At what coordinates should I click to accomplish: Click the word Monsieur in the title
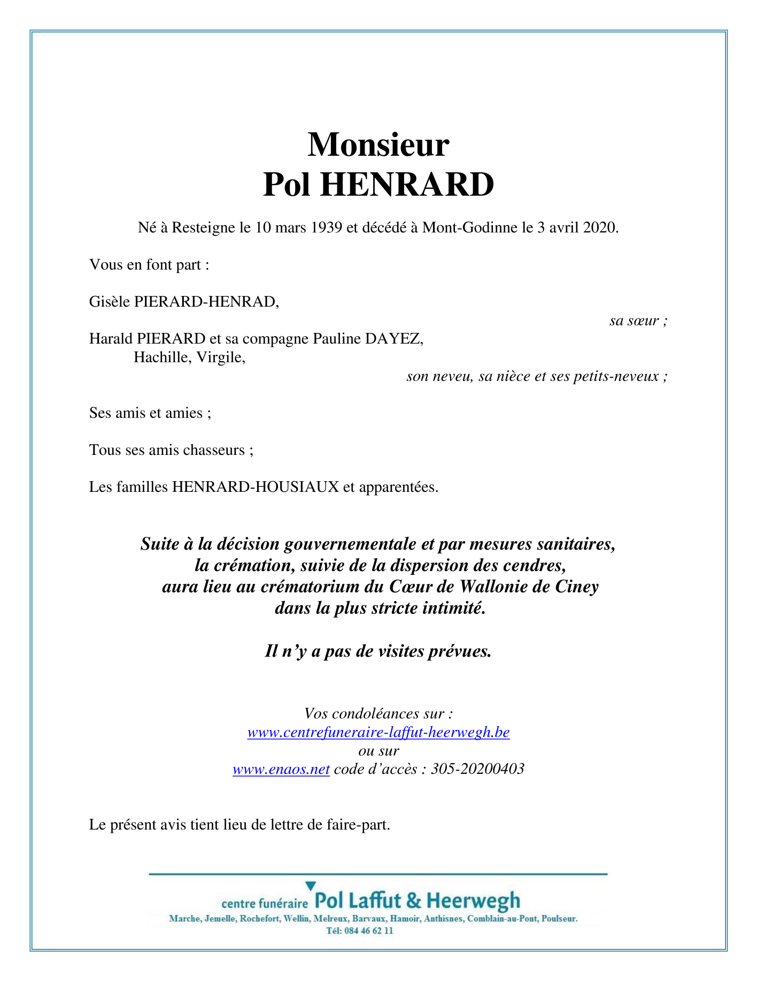[x=378, y=145]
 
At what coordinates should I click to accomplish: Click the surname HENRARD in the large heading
[x=407, y=185]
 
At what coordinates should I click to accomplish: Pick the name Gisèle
[x=110, y=302]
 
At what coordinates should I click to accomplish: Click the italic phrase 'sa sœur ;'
[x=638, y=321]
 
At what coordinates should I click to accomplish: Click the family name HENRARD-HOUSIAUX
[x=256, y=487]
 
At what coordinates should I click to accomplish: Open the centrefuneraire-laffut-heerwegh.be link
[x=378, y=732]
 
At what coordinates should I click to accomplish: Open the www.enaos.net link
[x=281, y=769]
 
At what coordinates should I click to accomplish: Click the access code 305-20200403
[x=477, y=769]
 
